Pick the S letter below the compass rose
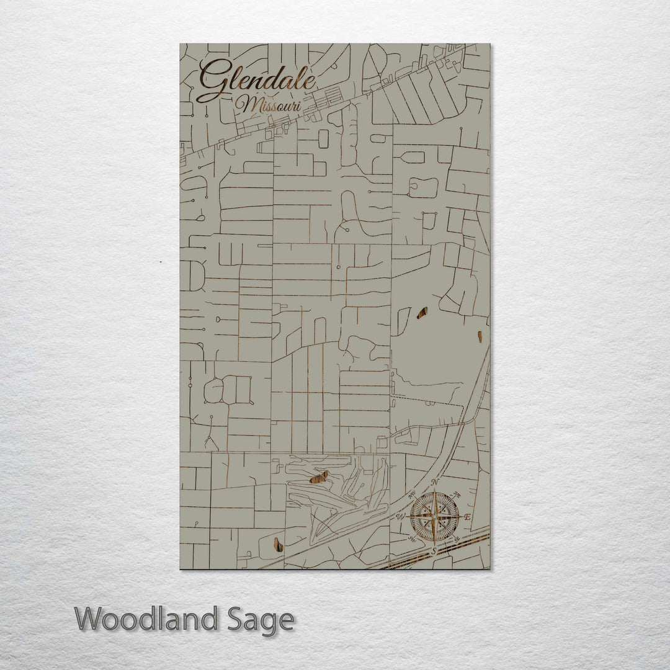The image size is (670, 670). (434, 550)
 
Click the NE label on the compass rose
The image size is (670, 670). (458, 494)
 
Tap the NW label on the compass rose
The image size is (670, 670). (411, 494)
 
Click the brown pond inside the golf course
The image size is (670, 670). (319, 476)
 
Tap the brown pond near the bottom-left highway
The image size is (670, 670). (279, 544)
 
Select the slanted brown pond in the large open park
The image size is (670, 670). (422, 313)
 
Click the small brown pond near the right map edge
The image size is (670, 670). (480, 336)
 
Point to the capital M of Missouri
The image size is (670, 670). (247, 104)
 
